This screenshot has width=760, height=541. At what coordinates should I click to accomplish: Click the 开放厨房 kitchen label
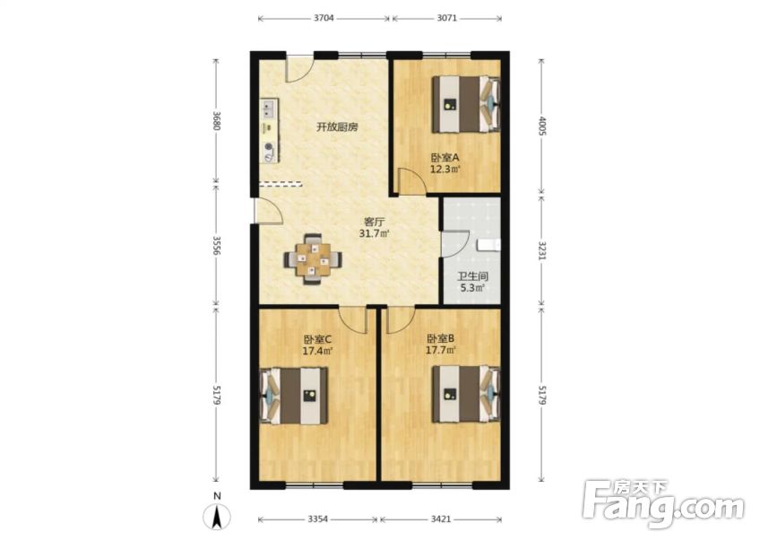[x=337, y=127]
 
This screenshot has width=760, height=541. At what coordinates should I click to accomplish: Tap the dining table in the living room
[x=313, y=259]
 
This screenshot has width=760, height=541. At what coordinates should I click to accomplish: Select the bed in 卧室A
[x=465, y=104]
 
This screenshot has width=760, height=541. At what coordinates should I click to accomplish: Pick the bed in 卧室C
[x=295, y=395]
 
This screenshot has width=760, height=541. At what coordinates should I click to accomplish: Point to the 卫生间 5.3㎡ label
[x=471, y=282]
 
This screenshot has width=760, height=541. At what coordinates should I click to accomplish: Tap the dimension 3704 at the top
[x=324, y=18]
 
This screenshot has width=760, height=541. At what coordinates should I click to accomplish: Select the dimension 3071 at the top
[x=445, y=18]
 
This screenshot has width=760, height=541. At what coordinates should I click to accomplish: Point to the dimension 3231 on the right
[x=542, y=249]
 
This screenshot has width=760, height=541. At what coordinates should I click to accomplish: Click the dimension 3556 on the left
[x=216, y=245]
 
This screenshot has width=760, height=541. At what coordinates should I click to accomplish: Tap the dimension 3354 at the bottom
[x=317, y=519]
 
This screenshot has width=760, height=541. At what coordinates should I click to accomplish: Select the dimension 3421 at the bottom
[x=439, y=519]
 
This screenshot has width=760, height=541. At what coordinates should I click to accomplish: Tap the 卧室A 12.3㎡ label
[x=445, y=162]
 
